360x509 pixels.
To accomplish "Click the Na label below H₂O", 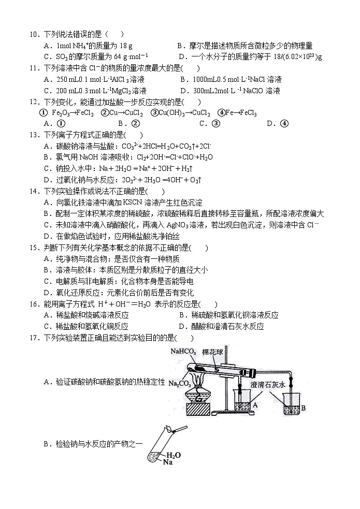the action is click(167, 462).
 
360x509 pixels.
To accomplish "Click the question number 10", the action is click(34, 34).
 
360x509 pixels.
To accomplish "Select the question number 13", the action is click(34, 135).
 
